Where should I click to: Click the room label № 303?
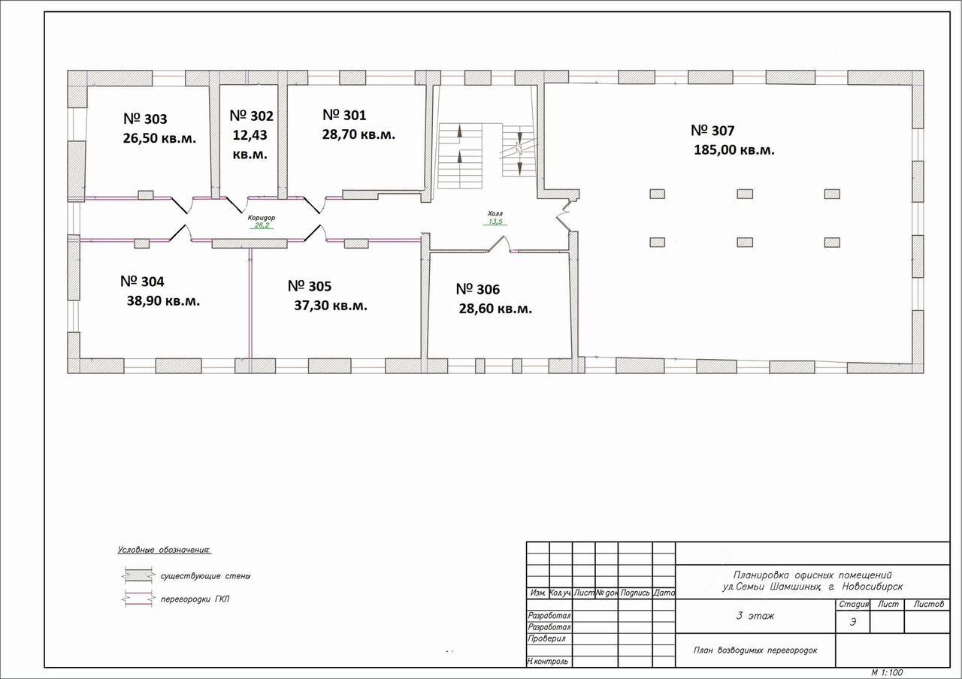coord(145,119)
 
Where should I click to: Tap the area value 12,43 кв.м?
coord(250,144)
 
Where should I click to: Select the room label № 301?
coord(344,115)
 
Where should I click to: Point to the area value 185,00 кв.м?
coord(734,149)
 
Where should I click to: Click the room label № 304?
coord(142,282)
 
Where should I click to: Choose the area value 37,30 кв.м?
coord(331,306)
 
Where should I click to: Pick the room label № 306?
coord(478,289)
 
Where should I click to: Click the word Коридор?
coord(262,217)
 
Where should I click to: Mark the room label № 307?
coord(712,131)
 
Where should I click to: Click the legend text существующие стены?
coord(205,576)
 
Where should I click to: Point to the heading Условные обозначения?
coord(165,551)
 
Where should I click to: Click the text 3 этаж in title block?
coord(755,617)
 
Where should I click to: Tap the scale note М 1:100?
coord(887,672)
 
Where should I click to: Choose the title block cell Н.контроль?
coord(549,662)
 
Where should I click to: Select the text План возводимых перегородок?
coord(755,650)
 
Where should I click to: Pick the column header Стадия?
coord(854,605)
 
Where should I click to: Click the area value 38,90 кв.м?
coord(164,301)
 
